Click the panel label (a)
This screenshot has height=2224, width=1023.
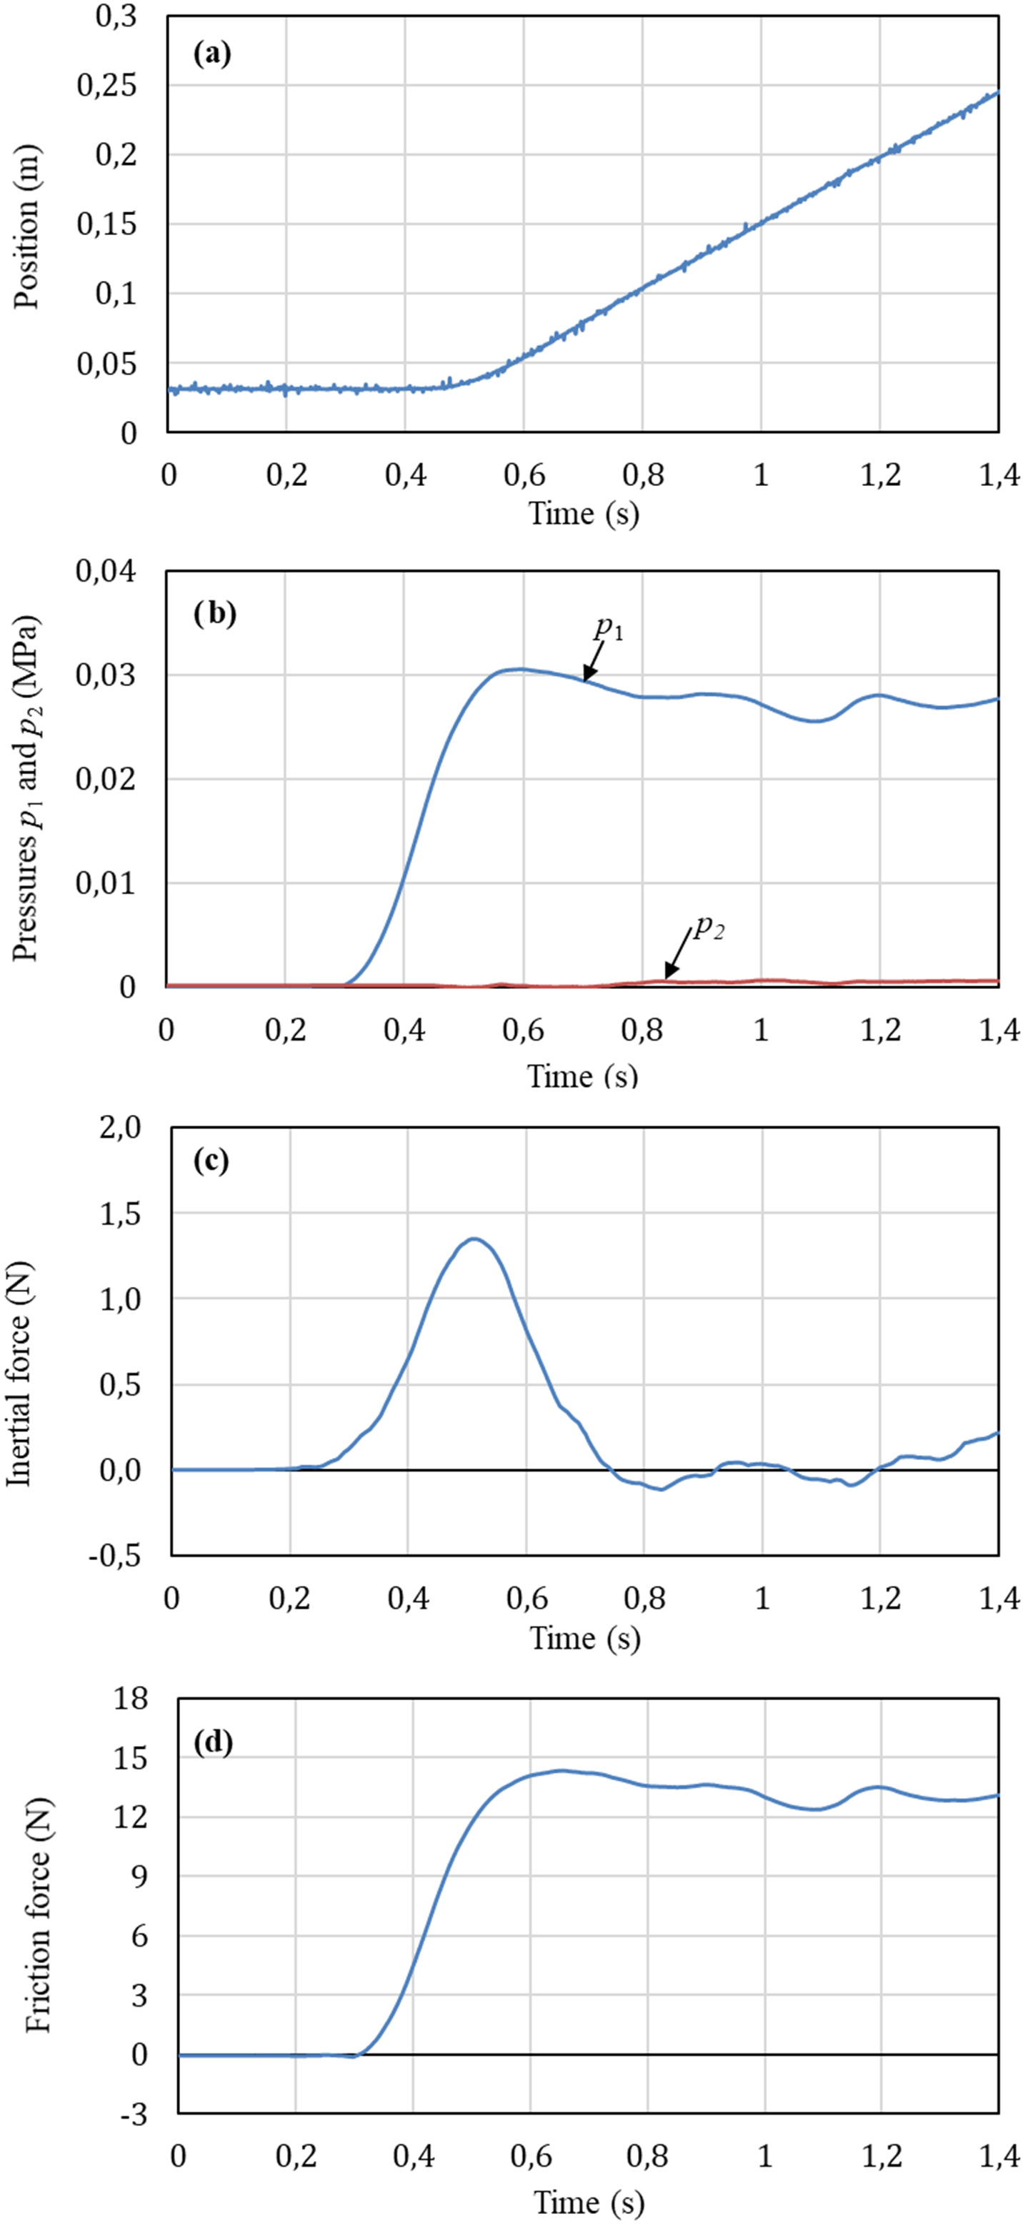point(211,54)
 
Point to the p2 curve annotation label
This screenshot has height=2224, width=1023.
point(709,929)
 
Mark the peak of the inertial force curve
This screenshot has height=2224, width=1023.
point(474,1239)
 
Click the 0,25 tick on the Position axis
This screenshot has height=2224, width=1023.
point(108,86)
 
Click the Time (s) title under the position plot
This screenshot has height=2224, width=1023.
point(584,514)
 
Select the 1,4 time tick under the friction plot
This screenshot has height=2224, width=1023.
point(999,2156)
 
